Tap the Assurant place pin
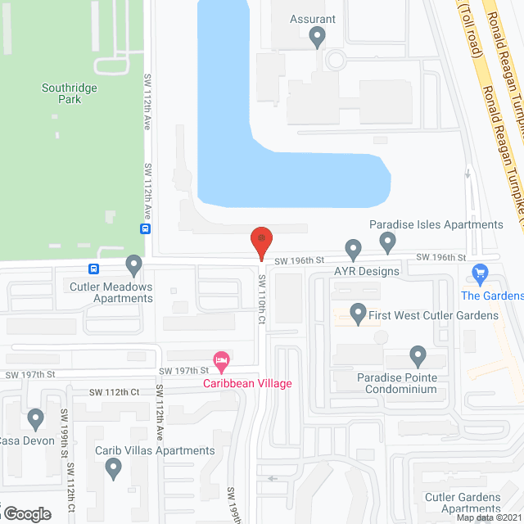coord(318,36)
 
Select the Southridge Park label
coord(62,93)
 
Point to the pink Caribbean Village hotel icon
coord(220,360)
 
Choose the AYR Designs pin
coord(353,247)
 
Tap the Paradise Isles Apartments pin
coord(388,241)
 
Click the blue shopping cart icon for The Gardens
coord(481,273)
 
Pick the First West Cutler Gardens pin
coord(358,313)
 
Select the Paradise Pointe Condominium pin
coord(418,357)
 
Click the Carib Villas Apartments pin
coord(114,468)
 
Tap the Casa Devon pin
coord(35,419)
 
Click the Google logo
coord(26,513)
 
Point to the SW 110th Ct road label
coord(263,299)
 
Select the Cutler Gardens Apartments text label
coord(463,503)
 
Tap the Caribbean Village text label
coord(248,382)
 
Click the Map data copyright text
coord(488,517)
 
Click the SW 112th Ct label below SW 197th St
coord(112,392)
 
